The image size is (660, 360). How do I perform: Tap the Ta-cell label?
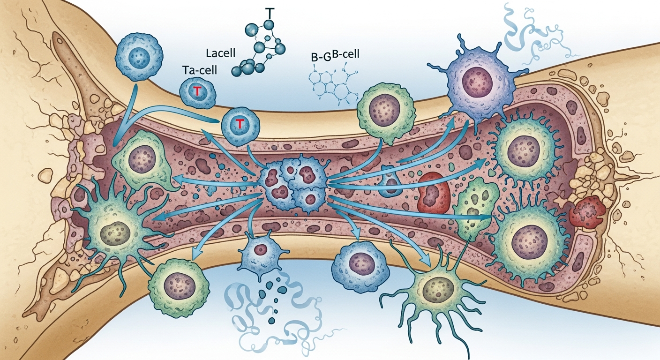[x=196, y=71]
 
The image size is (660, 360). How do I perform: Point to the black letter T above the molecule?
[x=269, y=12]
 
